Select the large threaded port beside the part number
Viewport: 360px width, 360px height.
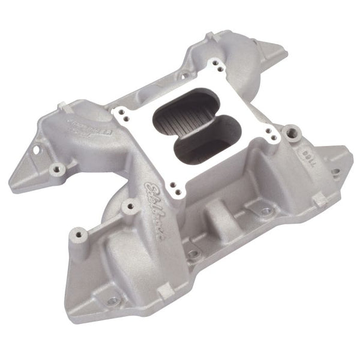[292, 130]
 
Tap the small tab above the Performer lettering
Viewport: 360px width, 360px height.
[61, 107]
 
